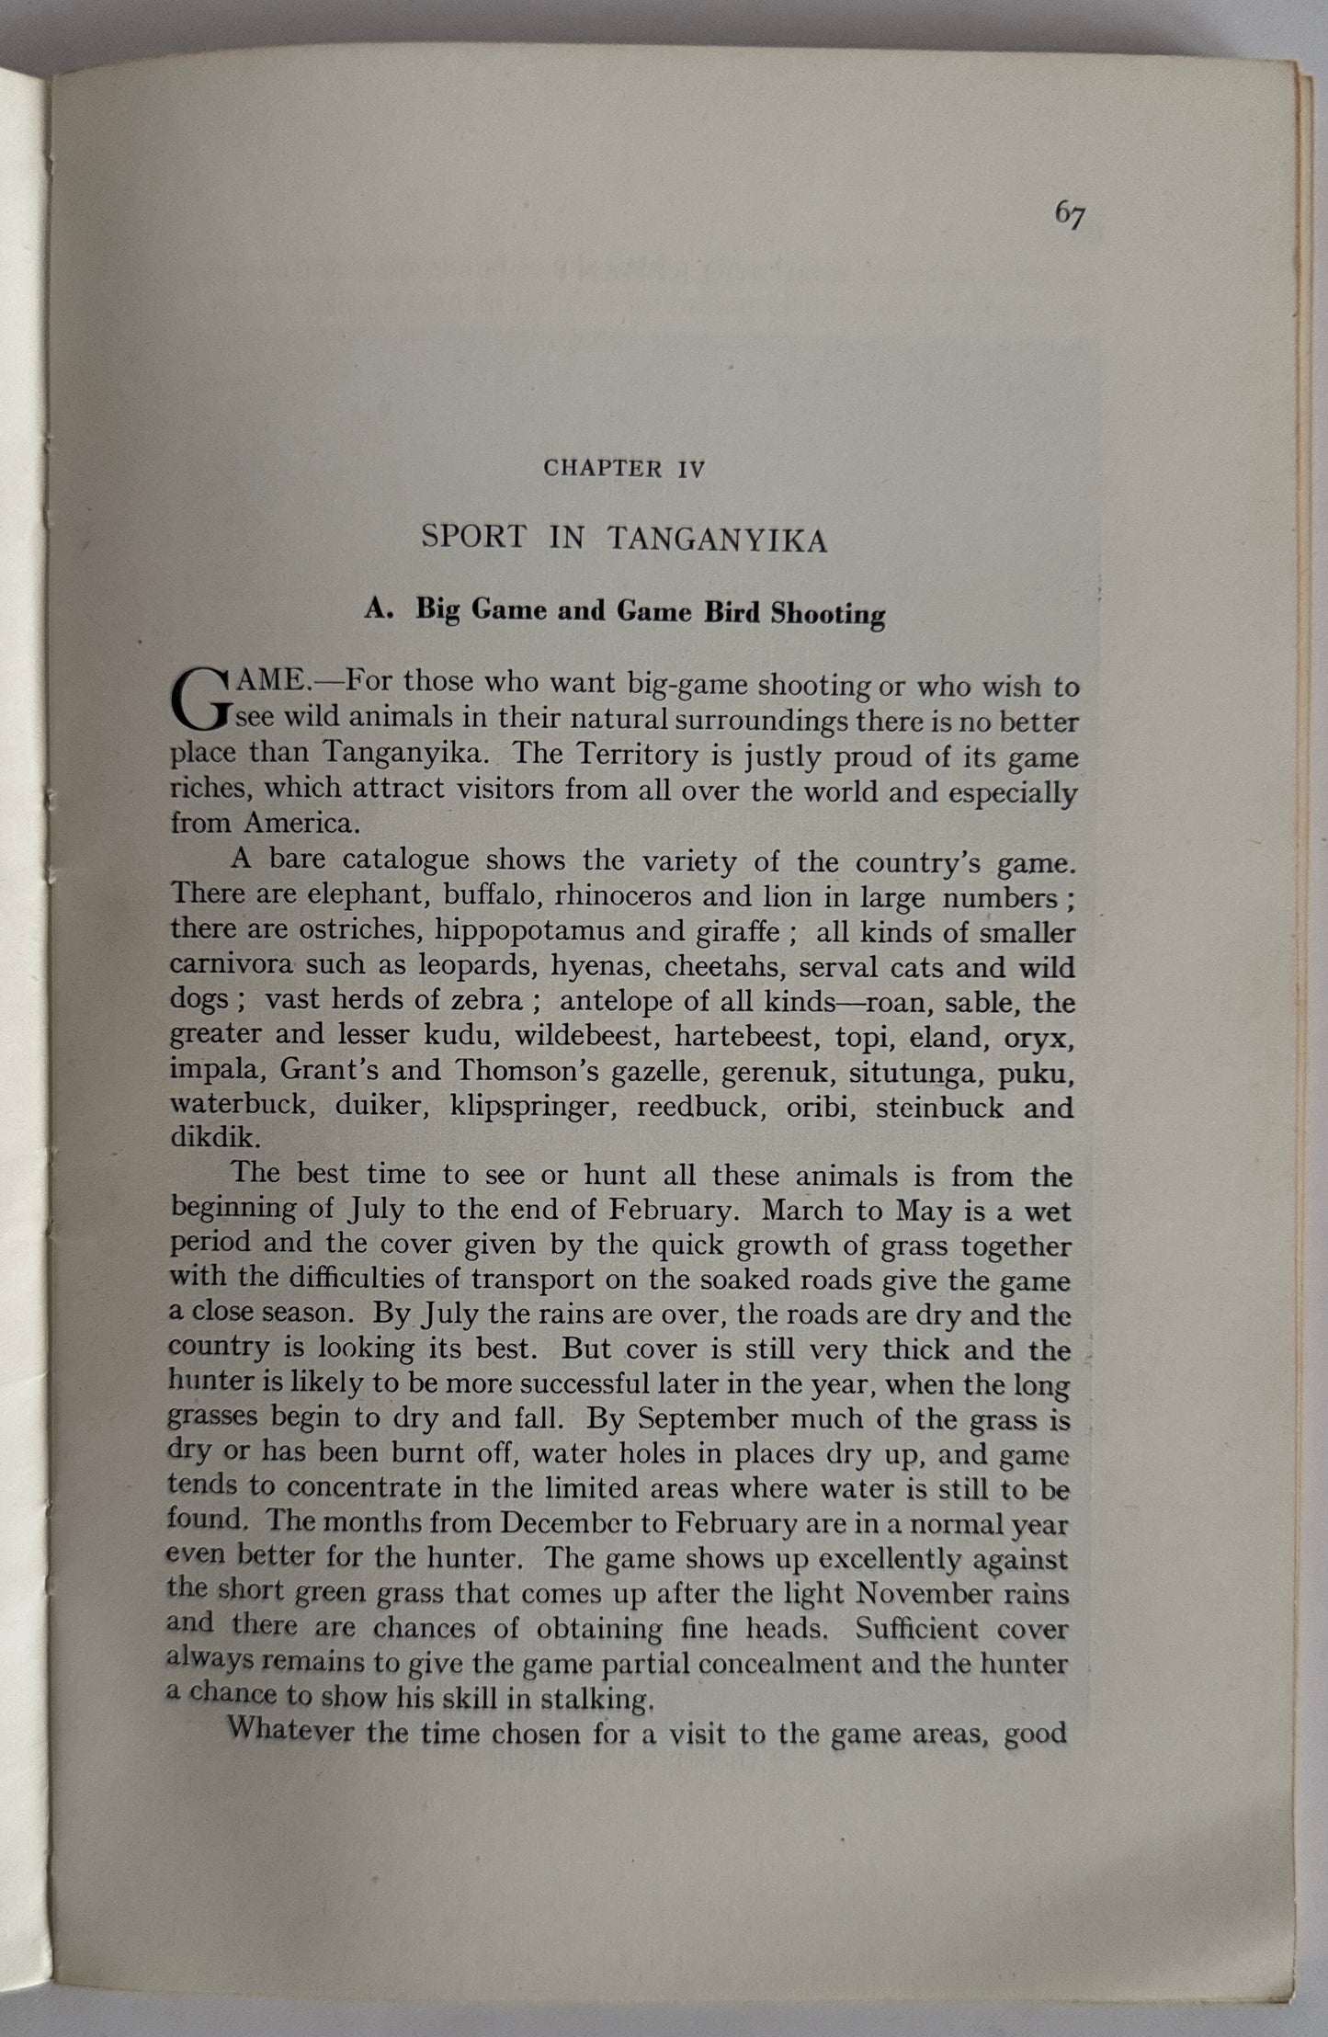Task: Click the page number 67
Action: click(x=1070, y=215)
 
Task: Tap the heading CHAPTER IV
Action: click(x=624, y=468)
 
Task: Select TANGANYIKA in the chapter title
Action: click(x=717, y=540)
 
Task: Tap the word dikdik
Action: click(x=203, y=1139)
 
